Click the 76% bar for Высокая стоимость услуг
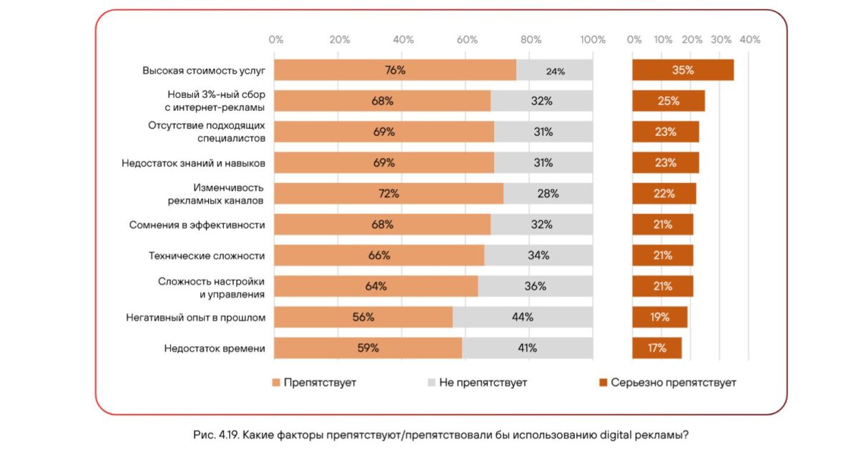click(395, 70)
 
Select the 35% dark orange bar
click(683, 70)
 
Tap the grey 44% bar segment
click(523, 317)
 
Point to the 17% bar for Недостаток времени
click(657, 348)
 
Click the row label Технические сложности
click(207, 255)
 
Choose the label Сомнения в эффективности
click(197, 225)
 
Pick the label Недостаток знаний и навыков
click(193, 163)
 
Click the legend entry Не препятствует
click(483, 383)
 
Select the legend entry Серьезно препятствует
click(673, 383)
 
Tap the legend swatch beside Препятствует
click(277, 383)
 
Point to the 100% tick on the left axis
click(593, 40)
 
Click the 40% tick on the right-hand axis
click(749, 40)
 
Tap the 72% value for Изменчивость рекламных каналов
click(389, 194)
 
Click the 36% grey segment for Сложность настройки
click(536, 286)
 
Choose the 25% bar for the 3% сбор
click(669, 101)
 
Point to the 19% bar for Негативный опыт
click(659, 317)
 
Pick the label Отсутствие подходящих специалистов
click(207, 132)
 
